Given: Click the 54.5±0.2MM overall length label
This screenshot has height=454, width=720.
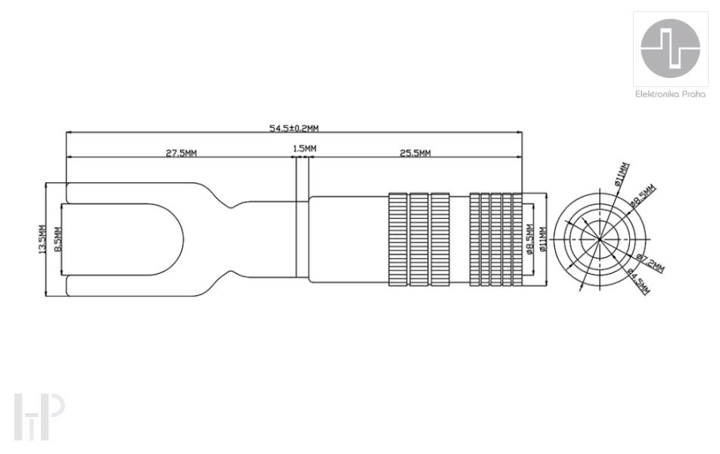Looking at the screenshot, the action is pyautogui.click(x=294, y=128).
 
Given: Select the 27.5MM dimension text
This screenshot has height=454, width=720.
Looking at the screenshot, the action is pyautogui.click(x=182, y=153).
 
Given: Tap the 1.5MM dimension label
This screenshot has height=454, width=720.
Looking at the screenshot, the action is pyautogui.click(x=305, y=148).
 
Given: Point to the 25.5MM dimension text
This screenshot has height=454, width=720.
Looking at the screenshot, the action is pyautogui.click(x=415, y=153).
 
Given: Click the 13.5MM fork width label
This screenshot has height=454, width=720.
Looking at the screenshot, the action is pyautogui.click(x=42, y=239).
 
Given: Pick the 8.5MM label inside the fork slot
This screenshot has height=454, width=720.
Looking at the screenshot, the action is pyautogui.click(x=57, y=239).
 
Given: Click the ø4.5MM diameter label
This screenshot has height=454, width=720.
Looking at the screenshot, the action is pyautogui.click(x=638, y=281).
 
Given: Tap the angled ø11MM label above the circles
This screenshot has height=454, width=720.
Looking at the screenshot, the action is pyautogui.click(x=622, y=175).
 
